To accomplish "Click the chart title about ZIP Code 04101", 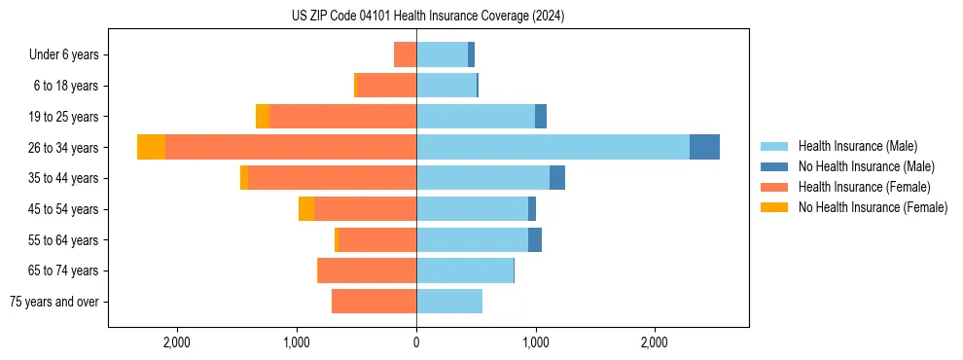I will point(427,16).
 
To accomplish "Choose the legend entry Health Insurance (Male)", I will point(852,146).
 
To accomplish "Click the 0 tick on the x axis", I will point(416,342).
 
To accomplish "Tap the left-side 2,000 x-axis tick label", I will point(177,342).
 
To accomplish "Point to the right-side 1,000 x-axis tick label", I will point(535,342).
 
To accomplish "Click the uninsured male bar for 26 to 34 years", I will point(704,147).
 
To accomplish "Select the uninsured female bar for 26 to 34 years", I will point(152,147).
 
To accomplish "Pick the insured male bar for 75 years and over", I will point(449,302).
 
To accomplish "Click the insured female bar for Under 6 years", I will point(405,54).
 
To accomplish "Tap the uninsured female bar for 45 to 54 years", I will point(306,209).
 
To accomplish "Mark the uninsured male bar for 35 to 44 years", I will point(557,178).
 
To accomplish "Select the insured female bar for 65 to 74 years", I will point(367,270).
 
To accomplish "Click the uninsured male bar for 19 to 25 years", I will point(541,117).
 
